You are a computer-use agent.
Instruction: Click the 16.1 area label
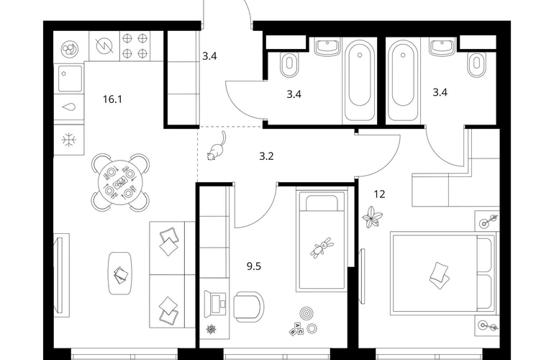coord(112,99)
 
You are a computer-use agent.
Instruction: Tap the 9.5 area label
coord(254,266)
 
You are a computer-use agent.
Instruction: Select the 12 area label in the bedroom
coord(379,194)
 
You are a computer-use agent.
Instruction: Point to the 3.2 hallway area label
coord(266,156)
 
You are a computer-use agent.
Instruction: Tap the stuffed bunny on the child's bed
coord(322,248)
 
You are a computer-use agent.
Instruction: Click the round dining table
coord(120,182)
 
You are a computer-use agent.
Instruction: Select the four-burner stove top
coord(135,45)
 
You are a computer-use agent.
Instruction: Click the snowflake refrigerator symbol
coord(69,140)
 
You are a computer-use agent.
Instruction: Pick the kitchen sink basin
coord(70,78)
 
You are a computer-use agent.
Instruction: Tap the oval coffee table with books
coord(120,273)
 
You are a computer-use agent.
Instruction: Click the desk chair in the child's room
coord(249,307)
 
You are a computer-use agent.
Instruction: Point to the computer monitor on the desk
coord(216,302)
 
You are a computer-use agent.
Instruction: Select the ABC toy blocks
coord(296,328)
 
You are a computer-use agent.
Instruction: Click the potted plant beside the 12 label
coord(373,217)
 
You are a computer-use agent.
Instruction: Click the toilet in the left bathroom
coord(289,65)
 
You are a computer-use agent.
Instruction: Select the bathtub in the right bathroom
coord(403,80)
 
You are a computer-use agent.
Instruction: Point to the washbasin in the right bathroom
coord(442,48)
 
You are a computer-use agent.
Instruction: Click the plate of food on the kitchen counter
coord(70,49)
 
